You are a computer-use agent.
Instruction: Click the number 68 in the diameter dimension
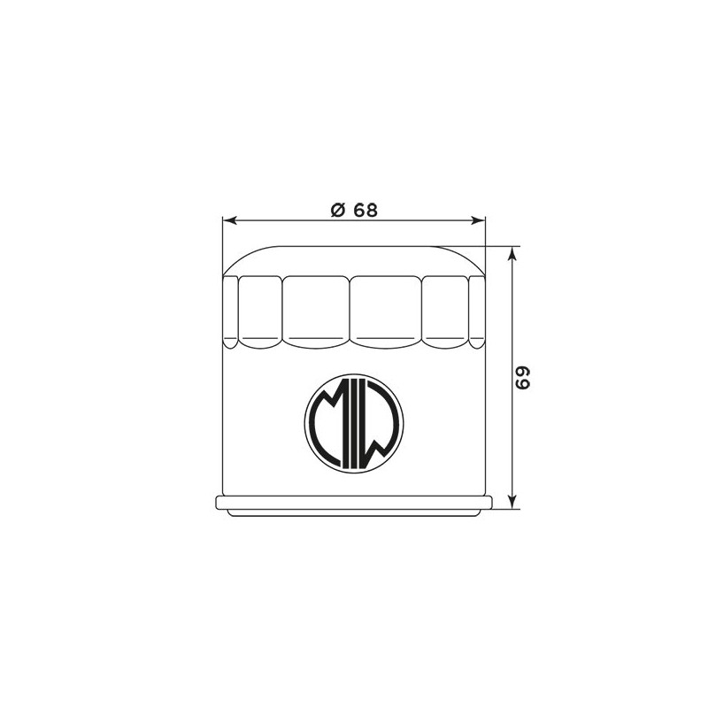365,210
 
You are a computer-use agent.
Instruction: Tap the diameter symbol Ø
338,210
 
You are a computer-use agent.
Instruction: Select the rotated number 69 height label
523,378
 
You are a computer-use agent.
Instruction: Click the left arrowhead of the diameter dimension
230,220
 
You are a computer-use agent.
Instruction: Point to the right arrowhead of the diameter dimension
478,220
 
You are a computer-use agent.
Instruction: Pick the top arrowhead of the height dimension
512,254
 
